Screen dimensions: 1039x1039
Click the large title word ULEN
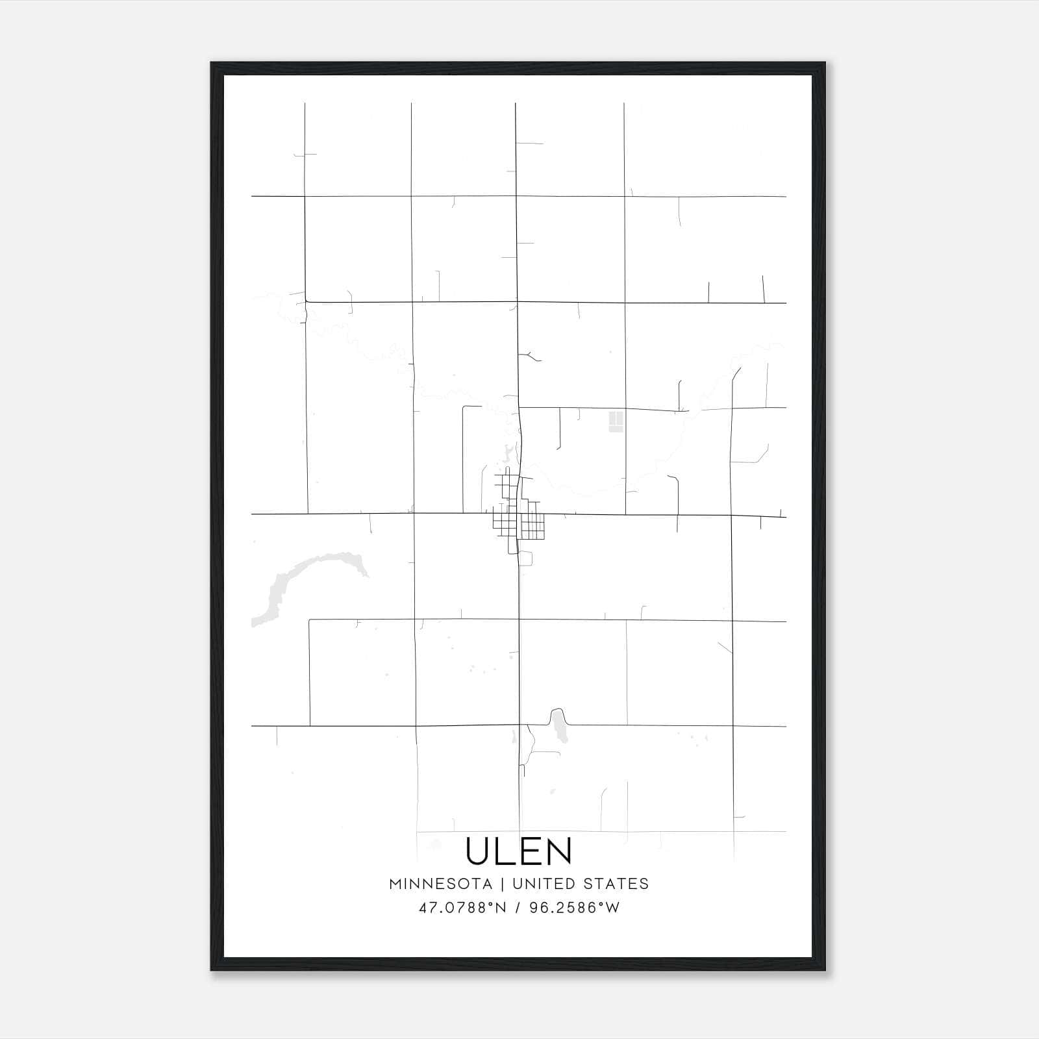point(519,851)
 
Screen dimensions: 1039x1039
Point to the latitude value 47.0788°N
point(462,908)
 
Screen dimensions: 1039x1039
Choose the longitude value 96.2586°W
point(575,908)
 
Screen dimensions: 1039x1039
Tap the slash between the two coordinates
point(518,908)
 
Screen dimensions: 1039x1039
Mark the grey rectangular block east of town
point(616,421)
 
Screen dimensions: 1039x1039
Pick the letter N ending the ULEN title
point(558,851)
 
